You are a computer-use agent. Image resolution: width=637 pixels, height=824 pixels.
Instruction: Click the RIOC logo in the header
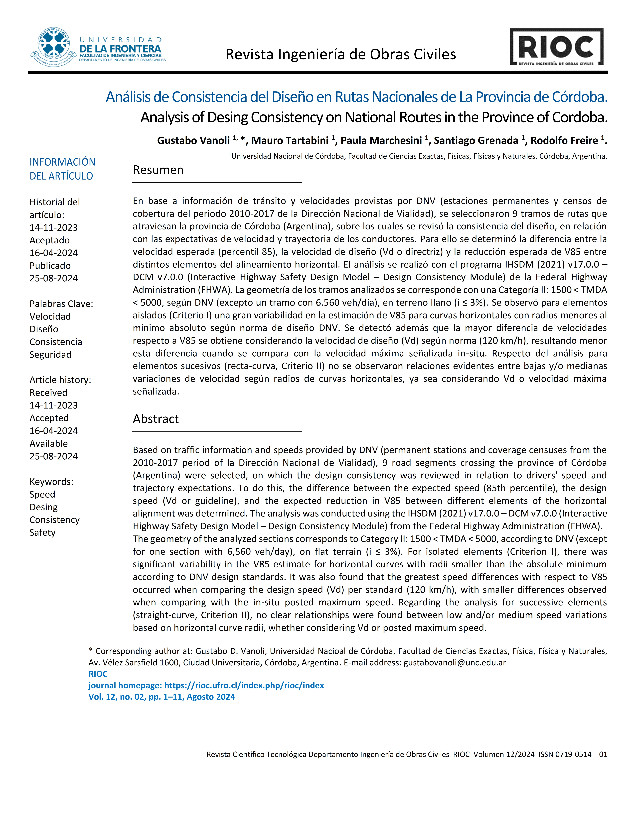[557, 47]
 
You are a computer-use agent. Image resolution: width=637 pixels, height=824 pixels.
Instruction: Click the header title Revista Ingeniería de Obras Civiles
[340, 55]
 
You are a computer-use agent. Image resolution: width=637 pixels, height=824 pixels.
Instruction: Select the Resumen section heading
[158, 170]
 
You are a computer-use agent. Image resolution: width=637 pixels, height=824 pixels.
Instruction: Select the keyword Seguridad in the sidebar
[50, 355]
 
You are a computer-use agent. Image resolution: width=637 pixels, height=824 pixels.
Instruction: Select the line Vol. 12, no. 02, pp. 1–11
[161, 697]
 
